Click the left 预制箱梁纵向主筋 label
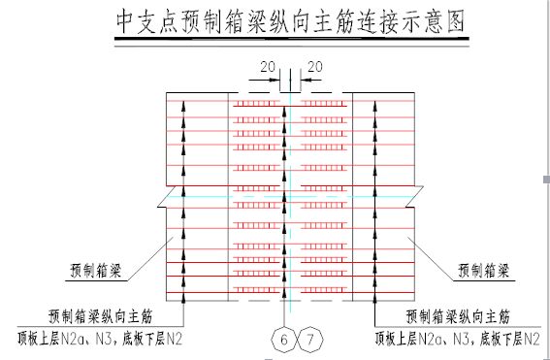tap(100, 315)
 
